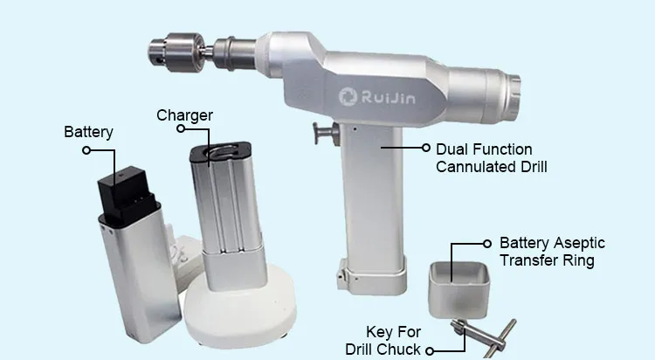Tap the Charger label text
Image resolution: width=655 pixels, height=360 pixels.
[184, 114]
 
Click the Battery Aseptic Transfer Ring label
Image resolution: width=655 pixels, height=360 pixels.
[551, 251]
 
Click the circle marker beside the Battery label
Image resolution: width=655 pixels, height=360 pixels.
[86, 149]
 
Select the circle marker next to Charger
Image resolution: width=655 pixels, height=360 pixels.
[180, 128]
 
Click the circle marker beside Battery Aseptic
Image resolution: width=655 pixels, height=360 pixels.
[486, 243]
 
